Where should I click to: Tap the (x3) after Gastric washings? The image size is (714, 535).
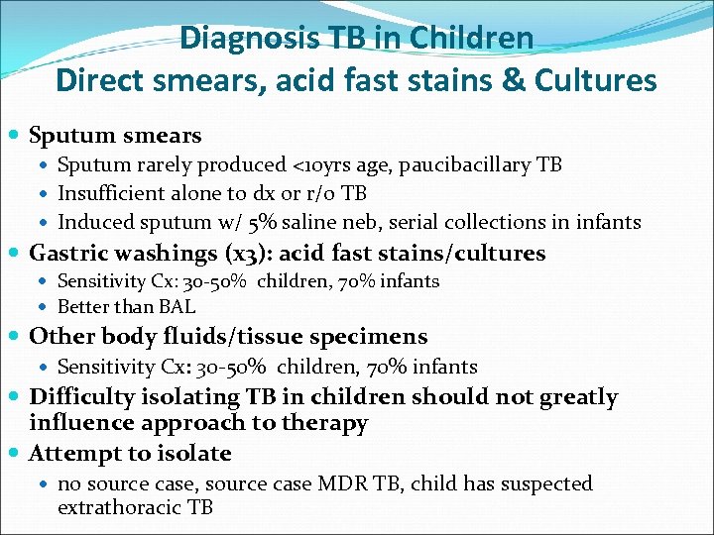click(234, 254)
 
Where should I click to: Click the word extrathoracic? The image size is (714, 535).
click(120, 508)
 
